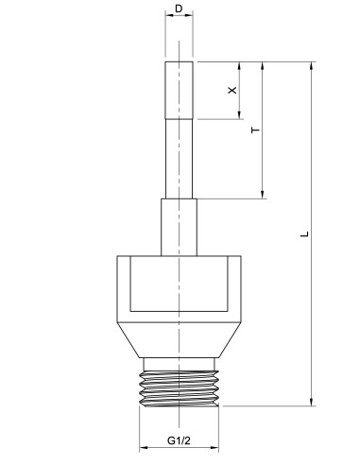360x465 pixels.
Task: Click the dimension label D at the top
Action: [x=180, y=9]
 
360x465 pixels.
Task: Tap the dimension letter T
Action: [x=255, y=130]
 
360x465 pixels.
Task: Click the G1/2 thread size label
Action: [x=180, y=440]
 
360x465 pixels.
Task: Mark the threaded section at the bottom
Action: [x=180, y=387]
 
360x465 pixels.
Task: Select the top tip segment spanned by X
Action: [x=180, y=90]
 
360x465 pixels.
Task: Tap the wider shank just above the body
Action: [x=180, y=227]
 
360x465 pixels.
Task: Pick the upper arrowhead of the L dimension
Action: [x=313, y=67]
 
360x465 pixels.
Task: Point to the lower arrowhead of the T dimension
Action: [x=263, y=194]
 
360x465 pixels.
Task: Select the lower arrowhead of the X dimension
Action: [x=238, y=114]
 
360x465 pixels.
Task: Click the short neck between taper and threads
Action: [x=180, y=364]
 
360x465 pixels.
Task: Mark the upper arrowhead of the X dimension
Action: [x=238, y=67]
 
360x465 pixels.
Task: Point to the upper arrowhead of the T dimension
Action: [x=263, y=67]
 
